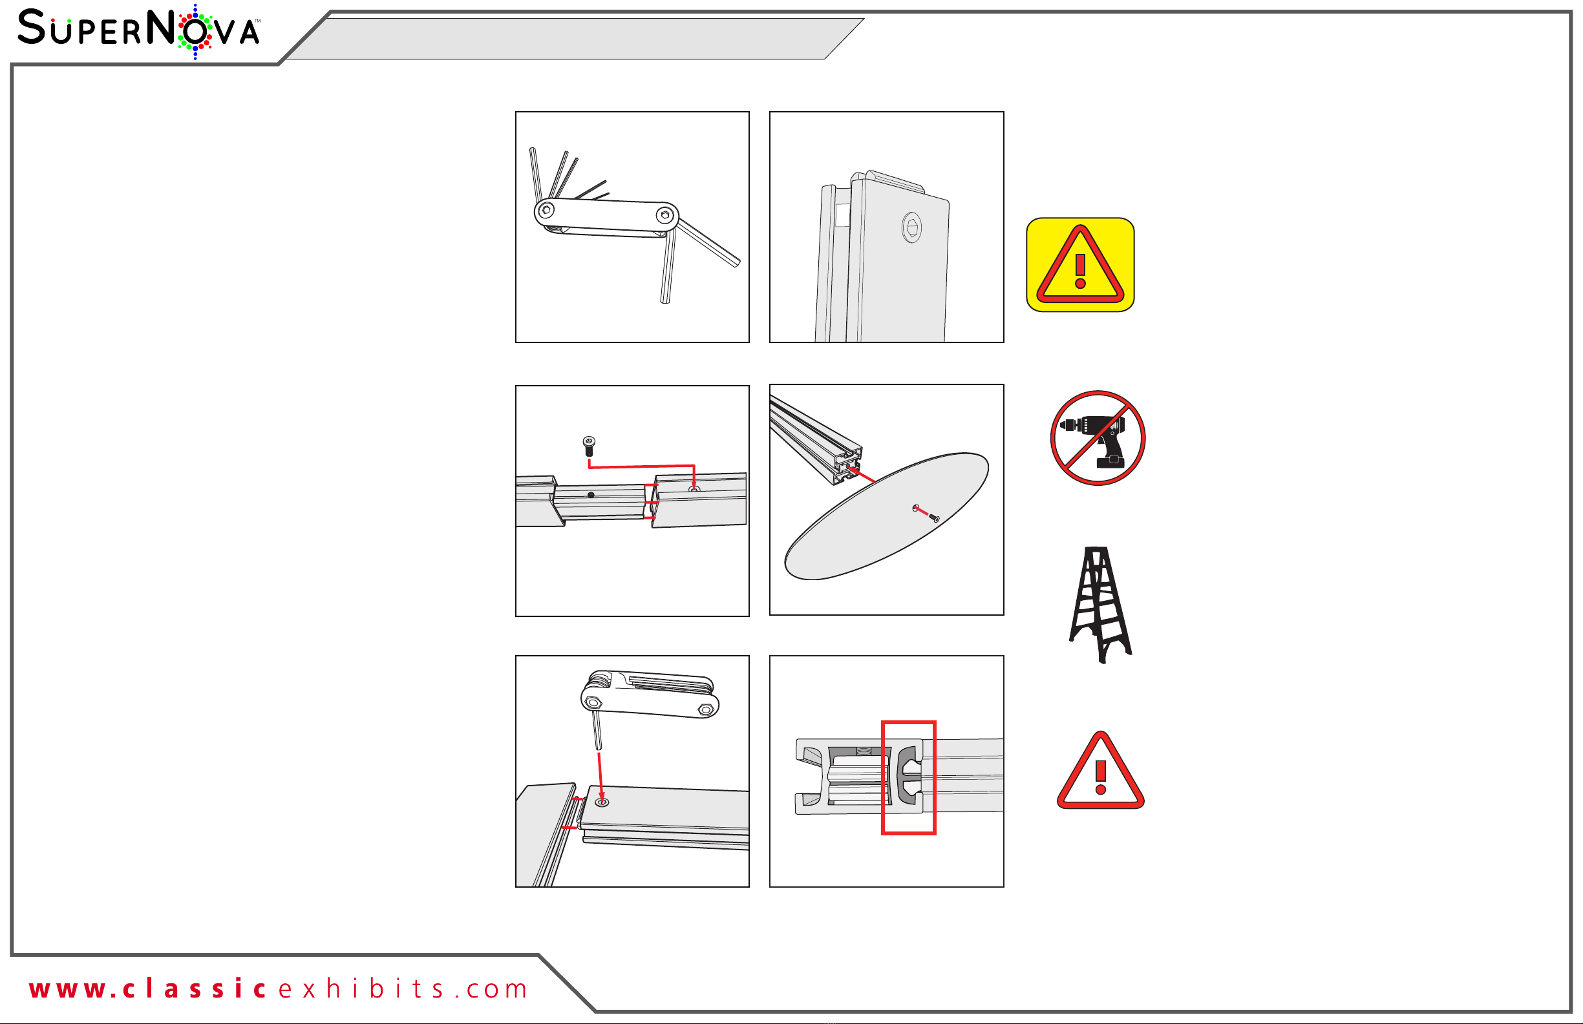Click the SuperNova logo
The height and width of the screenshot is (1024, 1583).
click(139, 31)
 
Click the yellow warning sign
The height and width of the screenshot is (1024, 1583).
click(1080, 265)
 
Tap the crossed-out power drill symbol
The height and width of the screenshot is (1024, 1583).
click(1098, 438)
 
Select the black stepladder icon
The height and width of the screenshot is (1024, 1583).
click(1100, 605)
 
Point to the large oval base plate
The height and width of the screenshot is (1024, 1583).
click(887, 516)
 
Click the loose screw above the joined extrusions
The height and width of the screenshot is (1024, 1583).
click(589, 446)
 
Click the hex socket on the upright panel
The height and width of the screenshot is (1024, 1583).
click(912, 227)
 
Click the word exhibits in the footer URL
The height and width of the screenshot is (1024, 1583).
click(361, 988)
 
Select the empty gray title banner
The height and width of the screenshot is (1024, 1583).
click(575, 39)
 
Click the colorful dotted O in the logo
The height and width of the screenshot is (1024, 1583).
click(195, 31)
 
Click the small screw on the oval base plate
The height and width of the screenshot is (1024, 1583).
click(934, 517)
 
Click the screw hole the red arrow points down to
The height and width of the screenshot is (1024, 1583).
click(601, 802)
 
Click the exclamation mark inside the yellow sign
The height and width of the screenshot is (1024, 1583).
click(1080, 270)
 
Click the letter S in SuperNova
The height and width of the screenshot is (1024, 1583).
click(32, 27)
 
